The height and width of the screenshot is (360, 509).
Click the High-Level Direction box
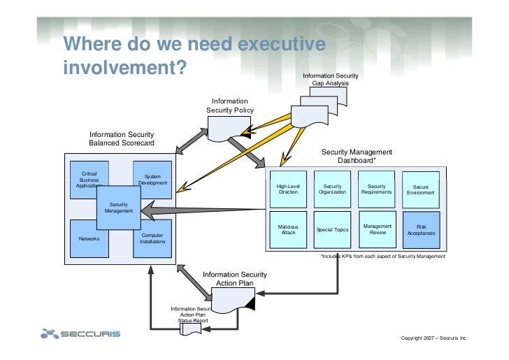(x=288, y=189)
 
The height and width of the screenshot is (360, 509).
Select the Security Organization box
(x=332, y=189)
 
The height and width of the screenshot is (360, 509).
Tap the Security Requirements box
(x=377, y=189)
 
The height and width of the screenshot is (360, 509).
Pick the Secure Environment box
(x=421, y=189)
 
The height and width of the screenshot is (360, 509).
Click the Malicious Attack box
(x=288, y=230)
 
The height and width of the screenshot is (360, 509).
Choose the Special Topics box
(x=332, y=230)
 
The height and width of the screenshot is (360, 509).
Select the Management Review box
(x=377, y=230)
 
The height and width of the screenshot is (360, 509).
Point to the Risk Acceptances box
(x=421, y=230)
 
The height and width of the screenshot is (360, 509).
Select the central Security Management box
(x=119, y=207)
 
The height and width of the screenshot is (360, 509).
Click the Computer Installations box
(x=152, y=239)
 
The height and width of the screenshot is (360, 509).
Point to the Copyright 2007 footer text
(x=433, y=338)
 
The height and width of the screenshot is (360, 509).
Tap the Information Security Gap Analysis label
(x=330, y=79)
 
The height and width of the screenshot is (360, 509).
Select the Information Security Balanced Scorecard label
(x=122, y=138)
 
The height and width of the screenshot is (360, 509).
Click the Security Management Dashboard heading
(x=357, y=156)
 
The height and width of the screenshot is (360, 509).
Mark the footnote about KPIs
(x=382, y=257)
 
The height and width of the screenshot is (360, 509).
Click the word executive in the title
(x=282, y=45)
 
